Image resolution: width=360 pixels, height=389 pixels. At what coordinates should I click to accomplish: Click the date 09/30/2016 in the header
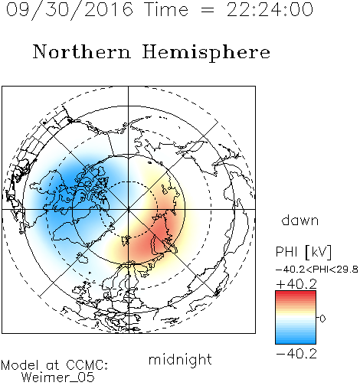[70, 10]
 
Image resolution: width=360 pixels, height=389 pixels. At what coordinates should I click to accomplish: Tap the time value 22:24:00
[270, 10]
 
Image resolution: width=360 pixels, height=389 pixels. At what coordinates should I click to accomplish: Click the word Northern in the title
[82, 51]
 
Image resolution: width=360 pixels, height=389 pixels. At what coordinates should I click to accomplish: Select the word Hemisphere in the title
[206, 53]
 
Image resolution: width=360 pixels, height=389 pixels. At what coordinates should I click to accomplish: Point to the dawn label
[300, 220]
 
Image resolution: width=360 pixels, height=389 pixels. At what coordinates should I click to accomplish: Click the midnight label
[180, 359]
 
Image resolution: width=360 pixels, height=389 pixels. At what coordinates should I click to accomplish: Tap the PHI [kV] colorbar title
[304, 252]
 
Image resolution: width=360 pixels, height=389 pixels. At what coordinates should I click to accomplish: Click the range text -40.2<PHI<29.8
[317, 270]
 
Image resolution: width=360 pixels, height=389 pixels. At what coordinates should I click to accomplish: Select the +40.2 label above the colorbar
[296, 284]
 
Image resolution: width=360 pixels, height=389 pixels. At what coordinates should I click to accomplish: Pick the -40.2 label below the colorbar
[296, 354]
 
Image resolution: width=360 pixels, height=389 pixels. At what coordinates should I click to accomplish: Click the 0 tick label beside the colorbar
[322, 319]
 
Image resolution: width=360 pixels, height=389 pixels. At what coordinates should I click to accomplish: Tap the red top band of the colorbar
[296, 293]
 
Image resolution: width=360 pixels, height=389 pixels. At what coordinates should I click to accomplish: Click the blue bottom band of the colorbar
[296, 342]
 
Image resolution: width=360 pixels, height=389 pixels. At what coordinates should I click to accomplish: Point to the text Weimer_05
[58, 377]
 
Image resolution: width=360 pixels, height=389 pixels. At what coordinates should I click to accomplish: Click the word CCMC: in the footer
[87, 365]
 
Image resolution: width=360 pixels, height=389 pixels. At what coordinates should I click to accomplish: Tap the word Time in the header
[166, 10]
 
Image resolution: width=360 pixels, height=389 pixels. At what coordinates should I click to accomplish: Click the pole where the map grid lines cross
[128, 209]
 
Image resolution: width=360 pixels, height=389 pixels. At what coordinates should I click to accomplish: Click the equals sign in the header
[208, 11]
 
